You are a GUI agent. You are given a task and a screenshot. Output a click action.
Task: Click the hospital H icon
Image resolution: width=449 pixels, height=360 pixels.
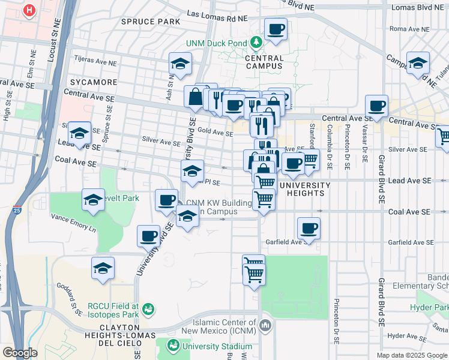click(x=29, y=10)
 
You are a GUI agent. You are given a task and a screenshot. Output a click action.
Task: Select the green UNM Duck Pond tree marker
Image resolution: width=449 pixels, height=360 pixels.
click(x=256, y=42)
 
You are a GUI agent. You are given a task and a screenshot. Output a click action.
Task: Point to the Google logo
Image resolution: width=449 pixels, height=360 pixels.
click(x=20, y=353)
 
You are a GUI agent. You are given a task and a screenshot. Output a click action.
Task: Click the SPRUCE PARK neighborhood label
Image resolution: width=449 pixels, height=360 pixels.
click(x=151, y=22)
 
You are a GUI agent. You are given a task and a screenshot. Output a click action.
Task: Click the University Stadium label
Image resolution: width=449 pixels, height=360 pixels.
click(x=217, y=346)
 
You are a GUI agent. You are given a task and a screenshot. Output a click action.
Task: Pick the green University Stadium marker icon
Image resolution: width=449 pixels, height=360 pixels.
click(x=173, y=346)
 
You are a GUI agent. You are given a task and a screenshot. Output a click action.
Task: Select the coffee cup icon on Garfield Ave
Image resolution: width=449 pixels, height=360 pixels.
click(x=309, y=229)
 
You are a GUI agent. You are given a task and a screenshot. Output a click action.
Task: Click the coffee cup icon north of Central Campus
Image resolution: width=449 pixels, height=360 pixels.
click(x=276, y=29)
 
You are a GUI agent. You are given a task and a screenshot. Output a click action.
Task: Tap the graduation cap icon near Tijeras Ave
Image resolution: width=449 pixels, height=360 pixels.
click(x=179, y=64)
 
